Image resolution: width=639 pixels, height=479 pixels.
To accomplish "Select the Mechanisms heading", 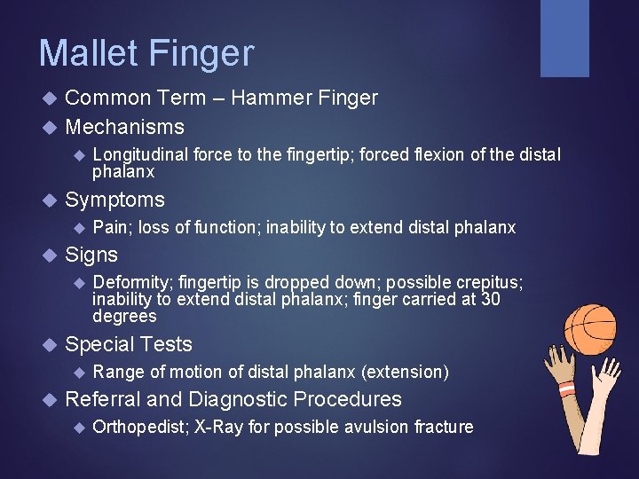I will (x=124, y=127).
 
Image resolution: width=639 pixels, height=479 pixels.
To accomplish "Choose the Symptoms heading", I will (x=114, y=200).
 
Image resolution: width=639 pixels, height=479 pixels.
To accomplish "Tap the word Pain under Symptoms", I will (x=109, y=228).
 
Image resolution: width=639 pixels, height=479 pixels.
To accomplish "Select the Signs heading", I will (x=91, y=255).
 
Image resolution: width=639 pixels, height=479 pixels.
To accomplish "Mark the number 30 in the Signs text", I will (x=490, y=300).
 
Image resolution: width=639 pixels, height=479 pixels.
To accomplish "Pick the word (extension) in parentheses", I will (x=406, y=372).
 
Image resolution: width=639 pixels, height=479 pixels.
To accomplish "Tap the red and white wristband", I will (x=567, y=389).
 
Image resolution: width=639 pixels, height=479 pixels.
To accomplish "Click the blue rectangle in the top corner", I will (x=564, y=38).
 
